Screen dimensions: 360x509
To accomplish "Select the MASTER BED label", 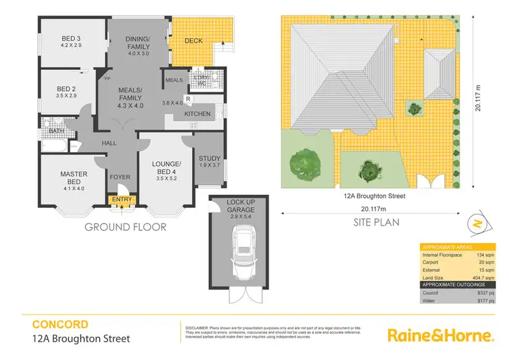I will (x=73, y=179).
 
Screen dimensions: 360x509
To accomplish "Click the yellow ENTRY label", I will (x=123, y=199).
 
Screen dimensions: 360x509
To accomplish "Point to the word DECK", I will (x=193, y=41).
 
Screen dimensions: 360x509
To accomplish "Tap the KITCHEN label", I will (x=197, y=113).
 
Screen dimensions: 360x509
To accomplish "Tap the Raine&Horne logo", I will (x=440, y=335).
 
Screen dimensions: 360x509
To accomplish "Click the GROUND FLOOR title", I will (x=125, y=227).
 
